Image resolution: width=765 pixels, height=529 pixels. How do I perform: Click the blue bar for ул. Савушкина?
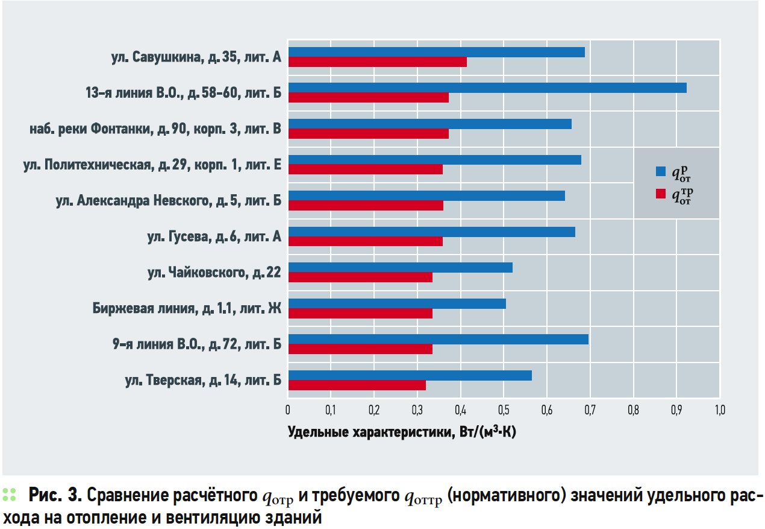click(437, 52)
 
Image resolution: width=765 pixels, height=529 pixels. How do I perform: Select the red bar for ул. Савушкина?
click(377, 62)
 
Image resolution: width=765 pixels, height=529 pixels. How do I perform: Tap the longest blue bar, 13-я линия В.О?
click(487, 88)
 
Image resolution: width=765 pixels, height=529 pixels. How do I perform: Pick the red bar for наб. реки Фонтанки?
click(369, 134)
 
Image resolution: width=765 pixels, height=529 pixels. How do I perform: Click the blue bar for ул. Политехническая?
click(435, 160)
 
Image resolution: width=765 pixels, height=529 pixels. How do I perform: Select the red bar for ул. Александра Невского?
click(366, 206)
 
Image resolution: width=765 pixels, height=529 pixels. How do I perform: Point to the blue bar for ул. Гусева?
click(432, 232)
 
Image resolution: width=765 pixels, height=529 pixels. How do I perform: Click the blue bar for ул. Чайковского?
click(400, 267)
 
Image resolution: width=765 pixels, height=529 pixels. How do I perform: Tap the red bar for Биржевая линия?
click(360, 314)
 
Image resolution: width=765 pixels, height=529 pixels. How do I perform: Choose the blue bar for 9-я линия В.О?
click(439, 339)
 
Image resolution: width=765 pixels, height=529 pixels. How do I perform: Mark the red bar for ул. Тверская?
click(357, 385)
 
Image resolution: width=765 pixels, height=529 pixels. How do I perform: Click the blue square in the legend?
click(661, 171)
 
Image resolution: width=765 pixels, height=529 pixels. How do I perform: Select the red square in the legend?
click(661, 194)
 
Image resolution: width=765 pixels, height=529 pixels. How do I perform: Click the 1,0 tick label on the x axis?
click(720, 410)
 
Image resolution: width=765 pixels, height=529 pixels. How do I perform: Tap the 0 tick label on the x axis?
click(288, 410)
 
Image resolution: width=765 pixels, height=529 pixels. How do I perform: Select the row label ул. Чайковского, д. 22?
click(214, 273)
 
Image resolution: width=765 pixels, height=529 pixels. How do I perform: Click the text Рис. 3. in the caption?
click(55, 495)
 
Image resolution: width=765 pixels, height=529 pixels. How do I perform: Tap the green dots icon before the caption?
click(9, 495)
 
